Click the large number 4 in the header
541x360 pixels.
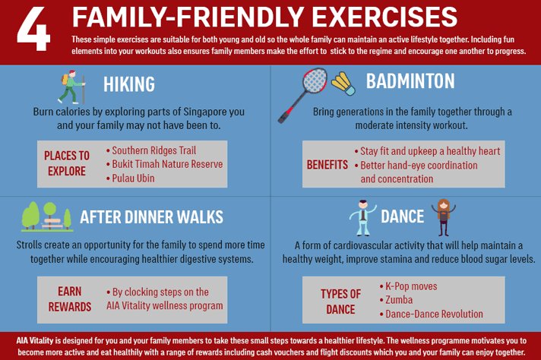click(x=33, y=30)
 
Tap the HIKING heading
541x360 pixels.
click(x=129, y=84)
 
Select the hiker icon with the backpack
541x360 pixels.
click(x=71, y=87)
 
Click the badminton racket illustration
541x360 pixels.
click(x=302, y=95)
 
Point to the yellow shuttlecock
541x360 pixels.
click(x=343, y=84)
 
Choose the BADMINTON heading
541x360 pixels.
click(x=410, y=81)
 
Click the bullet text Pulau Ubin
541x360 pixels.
click(x=133, y=178)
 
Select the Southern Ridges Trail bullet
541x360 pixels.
click(x=151, y=150)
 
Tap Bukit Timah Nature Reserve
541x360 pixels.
click(x=165, y=164)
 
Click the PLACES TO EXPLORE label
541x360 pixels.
click(x=67, y=163)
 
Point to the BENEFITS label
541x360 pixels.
click(x=327, y=165)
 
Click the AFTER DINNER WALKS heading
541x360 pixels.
click(x=151, y=217)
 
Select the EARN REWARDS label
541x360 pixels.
click(x=70, y=299)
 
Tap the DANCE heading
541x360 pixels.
click(x=402, y=216)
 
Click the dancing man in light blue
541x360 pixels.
click(x=362, y=217)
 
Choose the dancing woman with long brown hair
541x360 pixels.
click(x=444, y=217)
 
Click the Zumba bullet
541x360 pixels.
click(x=396, y=300)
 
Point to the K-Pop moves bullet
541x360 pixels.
click(x=408, y=286)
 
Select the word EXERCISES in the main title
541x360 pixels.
click(x=386, y=17)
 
